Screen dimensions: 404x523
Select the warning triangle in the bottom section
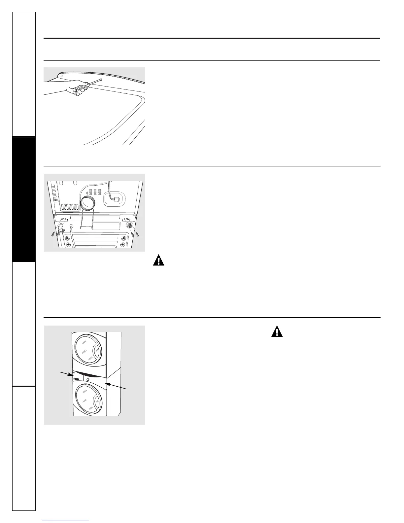pos(277,331)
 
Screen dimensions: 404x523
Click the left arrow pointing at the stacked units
pos(66,373)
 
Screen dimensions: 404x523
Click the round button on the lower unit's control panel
pos(88,380)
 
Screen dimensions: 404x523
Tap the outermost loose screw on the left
pos(53,234)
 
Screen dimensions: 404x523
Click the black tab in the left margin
pos(23,199)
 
